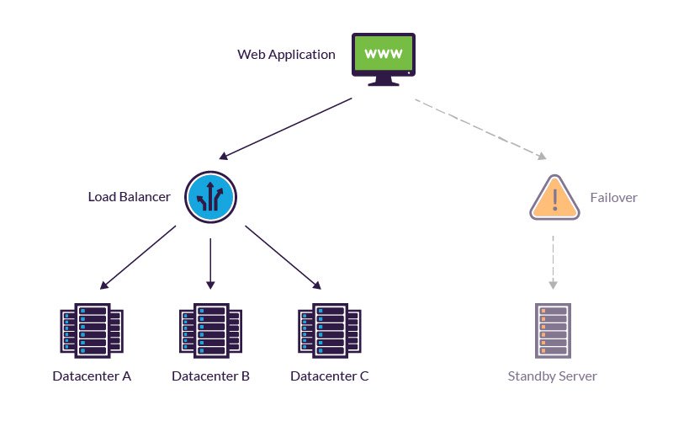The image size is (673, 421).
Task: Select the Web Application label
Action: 286,55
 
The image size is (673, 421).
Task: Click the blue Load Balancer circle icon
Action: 211,197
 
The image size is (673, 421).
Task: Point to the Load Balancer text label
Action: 129,197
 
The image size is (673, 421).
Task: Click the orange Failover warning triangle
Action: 555,199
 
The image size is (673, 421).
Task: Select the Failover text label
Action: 613,198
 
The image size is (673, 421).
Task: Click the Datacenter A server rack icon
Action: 92,330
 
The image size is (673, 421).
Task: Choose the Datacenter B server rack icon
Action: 210,330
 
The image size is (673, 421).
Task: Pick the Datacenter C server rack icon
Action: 330,330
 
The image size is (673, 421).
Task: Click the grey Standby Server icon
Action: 553,330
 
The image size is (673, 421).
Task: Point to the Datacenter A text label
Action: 92,376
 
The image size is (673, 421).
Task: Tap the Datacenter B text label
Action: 210,376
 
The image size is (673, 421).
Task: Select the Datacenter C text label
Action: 330,376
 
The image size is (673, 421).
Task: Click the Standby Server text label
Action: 553,376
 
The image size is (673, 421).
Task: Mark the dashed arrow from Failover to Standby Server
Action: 553,261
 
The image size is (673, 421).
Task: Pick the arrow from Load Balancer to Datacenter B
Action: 211,261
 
